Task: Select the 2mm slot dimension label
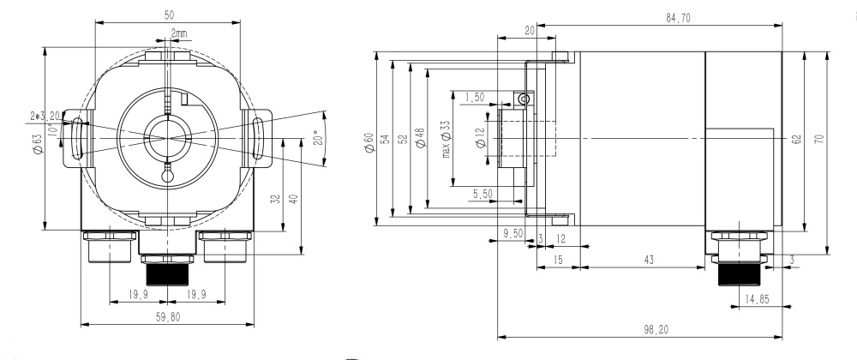(181, 33)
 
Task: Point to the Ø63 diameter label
(37, 141)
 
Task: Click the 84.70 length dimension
(677, 18)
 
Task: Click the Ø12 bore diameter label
(479, 137)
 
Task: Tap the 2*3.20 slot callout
(45, 114)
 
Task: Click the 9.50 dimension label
(512, 232)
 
